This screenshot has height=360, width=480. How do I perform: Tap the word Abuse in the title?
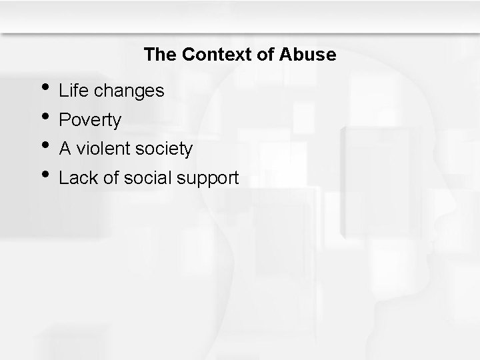308,55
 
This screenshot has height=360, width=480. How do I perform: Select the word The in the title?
159,55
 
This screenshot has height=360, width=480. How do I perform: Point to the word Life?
73,91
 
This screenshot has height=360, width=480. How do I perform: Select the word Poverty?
90,121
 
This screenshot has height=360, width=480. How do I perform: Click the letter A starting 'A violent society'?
65,149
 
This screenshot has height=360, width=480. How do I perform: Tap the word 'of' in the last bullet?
109,178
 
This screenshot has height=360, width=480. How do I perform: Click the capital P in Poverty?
65,120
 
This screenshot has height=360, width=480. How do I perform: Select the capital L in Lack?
64,178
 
